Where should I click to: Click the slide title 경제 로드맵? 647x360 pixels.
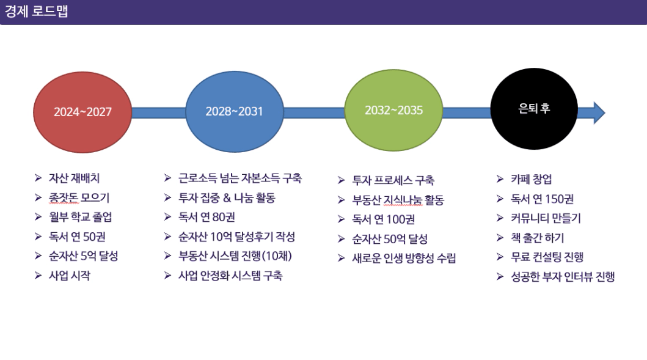pyautogui.click(x=36, y=11)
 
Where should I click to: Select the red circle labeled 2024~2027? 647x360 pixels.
pyautogui.click(x=82, y=112)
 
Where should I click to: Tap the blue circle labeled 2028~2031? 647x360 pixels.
pyautogui.click(x=235, y=111)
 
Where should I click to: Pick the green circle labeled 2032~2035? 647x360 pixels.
pyautogui.click(x=393, y=110)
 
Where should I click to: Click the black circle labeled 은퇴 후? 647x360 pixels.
pyautogui.click(x=534, y=109)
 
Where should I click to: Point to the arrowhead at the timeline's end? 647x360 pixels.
pyautogui.click(x=599, y=112)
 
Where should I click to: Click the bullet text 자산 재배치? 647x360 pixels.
pyautogui.click(x=75, y=178)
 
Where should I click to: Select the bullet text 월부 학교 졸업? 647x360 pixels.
pyautogui.click(x=81, y=217)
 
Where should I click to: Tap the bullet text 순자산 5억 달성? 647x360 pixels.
pyautogui.click(x=83, y=256)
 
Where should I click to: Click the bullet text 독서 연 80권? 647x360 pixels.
pyautogui.click(x=207, y=217)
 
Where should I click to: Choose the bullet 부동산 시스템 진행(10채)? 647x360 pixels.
pyautogui.click(x=235, y=256)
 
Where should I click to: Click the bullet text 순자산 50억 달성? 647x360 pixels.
pyautogui.click(x=390, y=238)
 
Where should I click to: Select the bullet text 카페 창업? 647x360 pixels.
pyautogui.click(x=532, y=179)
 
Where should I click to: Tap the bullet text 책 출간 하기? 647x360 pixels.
pyautogui.click(x=537, y=238)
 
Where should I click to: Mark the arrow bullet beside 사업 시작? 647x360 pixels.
pyautogui.click(x=38, y=276)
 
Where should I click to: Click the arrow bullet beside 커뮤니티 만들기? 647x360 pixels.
pyautogui.click(x=500, y=218)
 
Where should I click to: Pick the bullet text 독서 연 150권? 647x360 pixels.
pyautogui.click(x=542, y=199)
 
